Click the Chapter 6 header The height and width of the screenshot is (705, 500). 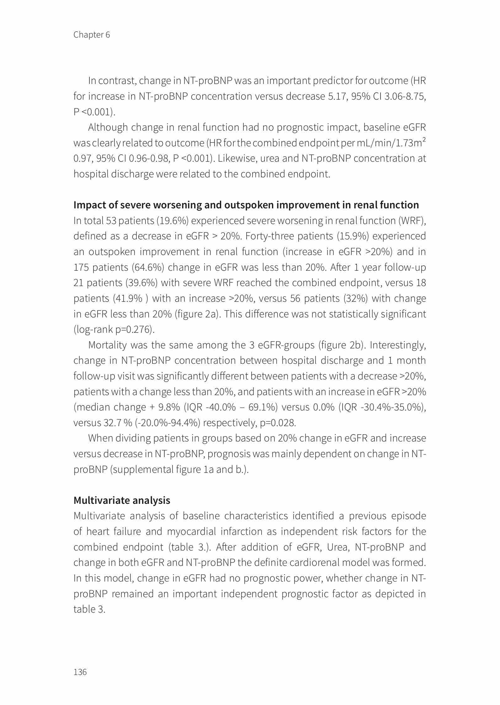pos(92,34)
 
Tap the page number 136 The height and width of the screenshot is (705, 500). pos(80,672)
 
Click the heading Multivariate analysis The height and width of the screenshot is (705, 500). pos(122,500)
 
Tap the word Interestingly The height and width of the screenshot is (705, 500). pos(398,345)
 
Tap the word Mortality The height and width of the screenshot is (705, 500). pos(107,345)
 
